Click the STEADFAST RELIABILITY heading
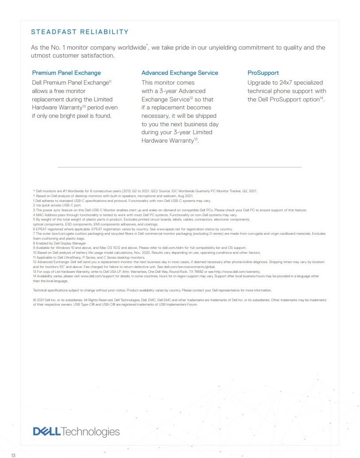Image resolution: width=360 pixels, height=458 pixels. coord(80,32)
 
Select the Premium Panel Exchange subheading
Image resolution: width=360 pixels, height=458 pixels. coord(66,73)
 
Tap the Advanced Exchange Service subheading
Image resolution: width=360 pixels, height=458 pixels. coord(180,73)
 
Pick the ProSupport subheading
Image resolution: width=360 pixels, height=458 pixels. coord(263,73)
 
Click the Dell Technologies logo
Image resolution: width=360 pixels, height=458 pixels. coord(76,431)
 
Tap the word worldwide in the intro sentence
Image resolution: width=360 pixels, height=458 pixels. coord(131,48)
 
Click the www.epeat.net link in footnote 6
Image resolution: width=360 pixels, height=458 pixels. coord(164,229)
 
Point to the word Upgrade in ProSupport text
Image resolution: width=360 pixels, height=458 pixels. coord(259,82)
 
